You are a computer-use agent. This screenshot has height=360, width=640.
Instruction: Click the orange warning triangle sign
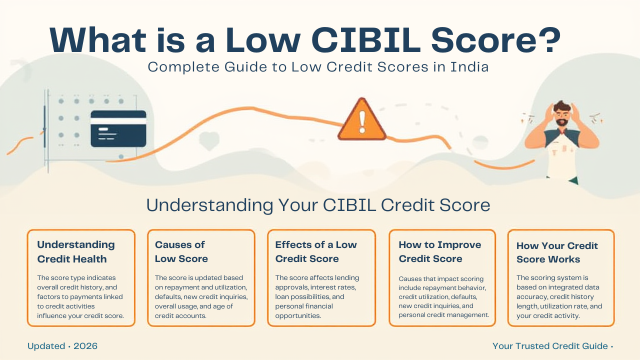click(x=362, y=120)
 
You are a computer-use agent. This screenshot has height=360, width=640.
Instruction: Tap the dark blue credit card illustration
click(x=118, y=128)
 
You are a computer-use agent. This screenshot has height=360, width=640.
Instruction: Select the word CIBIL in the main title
click(x=366, y=40)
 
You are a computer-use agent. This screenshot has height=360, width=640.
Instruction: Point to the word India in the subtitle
click(x=469, y=67)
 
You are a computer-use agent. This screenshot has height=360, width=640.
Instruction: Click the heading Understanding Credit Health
click(x=76, y=251)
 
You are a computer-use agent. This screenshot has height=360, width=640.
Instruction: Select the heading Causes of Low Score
click(x=181, y=251)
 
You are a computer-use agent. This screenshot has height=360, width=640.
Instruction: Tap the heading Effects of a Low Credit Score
click(x=316, y=251)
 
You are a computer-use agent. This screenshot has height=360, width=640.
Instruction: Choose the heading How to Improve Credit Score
click(x=440, y=251)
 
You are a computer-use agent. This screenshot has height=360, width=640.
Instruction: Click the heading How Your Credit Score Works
click(x=557, y=252)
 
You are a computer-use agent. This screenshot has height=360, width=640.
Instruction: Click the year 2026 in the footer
click(x=85, y=346)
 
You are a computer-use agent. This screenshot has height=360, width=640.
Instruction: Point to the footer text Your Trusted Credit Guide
click(x=550, y=346)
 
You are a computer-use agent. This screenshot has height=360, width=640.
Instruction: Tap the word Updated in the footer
click(x=46, y=346)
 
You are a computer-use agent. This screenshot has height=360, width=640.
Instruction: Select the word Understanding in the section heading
click(x=209, y=205)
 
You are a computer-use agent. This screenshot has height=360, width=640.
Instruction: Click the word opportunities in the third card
click(x=298, y=316)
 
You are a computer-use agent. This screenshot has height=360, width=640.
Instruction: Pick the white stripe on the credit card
click(x=118, y=121)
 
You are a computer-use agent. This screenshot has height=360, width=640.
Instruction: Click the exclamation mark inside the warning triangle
click(x=362, y=122)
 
